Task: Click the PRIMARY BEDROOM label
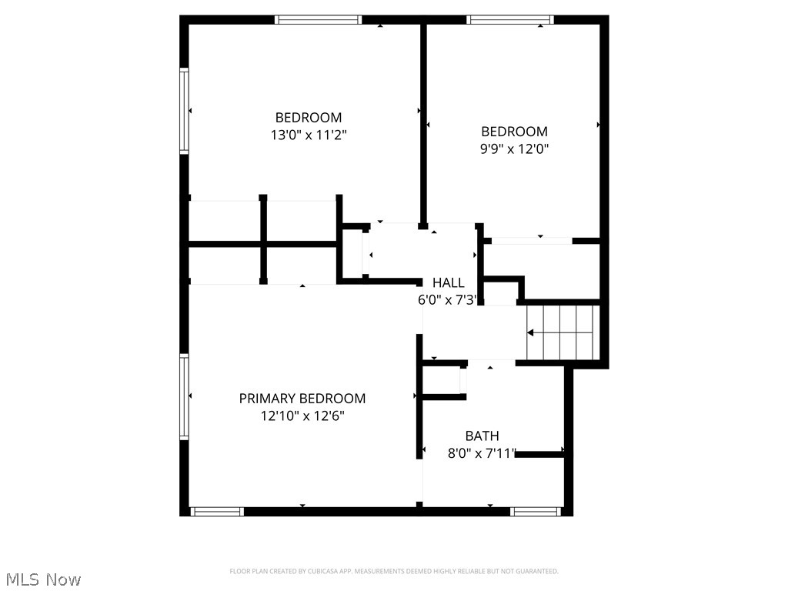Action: [x=302, y=399]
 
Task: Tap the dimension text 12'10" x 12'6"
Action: [x=302, y=416]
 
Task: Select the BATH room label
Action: [x=482, y=436]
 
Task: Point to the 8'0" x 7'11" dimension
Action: [x=482, y=454]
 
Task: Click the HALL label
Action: [x=448, y=283]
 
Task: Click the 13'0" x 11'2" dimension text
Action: [x=309, y=135]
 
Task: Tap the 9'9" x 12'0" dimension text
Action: [x=514, y=149]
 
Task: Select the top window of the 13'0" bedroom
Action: [x=318, y=20]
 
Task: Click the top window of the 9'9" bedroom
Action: [x=509, y=20]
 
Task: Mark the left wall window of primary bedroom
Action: [x=185, y=396]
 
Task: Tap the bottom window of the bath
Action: [x=536, y=511]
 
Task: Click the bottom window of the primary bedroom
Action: [x=217, y=511]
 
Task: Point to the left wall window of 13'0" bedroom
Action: [x=185, y=111]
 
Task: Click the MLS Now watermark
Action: [x=43, y=579]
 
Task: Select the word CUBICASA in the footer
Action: [x=322, y=571]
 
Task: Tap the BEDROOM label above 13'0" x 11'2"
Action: [x=309, y=118]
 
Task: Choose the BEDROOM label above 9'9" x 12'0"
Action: [x=514, y=132]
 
